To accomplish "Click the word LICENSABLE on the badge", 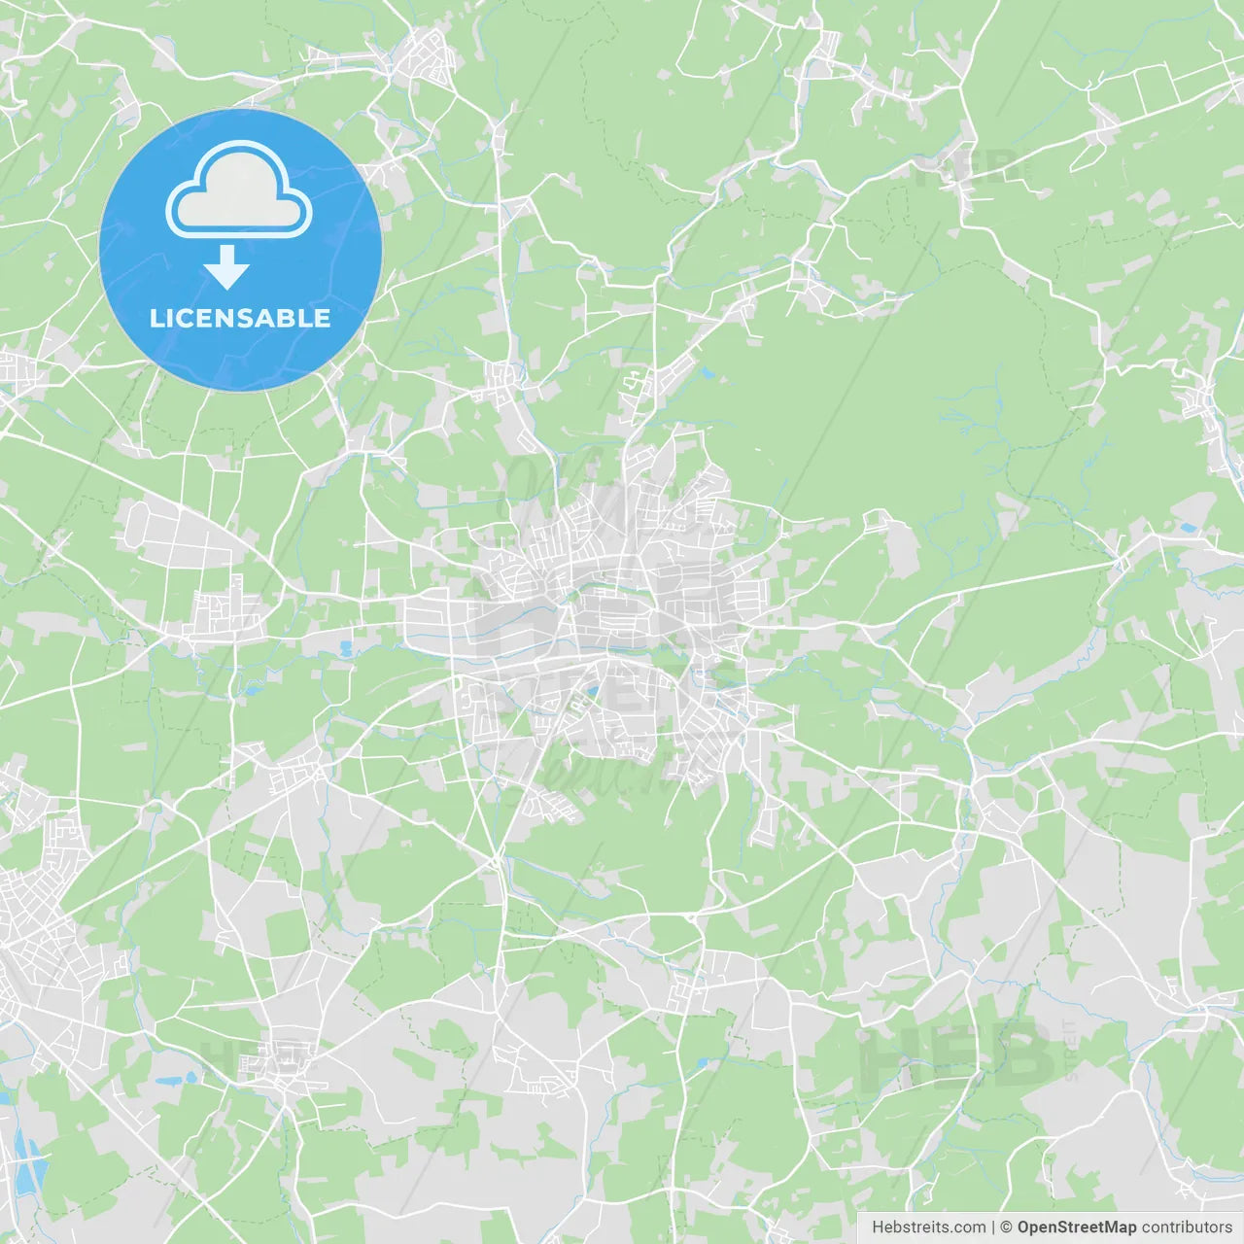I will (240, 318).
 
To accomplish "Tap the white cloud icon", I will (238, 190).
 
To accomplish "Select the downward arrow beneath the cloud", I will (227, 267).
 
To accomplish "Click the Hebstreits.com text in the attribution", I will (928, 1227).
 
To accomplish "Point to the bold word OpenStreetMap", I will (1076, 1227).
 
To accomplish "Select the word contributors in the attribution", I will (1187, 1227).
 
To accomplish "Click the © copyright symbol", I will (1007, 1227).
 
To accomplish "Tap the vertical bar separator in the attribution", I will (993, 1227).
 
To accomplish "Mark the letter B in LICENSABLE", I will (291, 318).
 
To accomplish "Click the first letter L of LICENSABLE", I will (156, 318).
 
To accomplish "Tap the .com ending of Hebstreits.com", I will (969, 1227).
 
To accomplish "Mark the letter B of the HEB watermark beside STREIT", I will (1019, 1054).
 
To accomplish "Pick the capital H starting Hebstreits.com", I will (878, 1227).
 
